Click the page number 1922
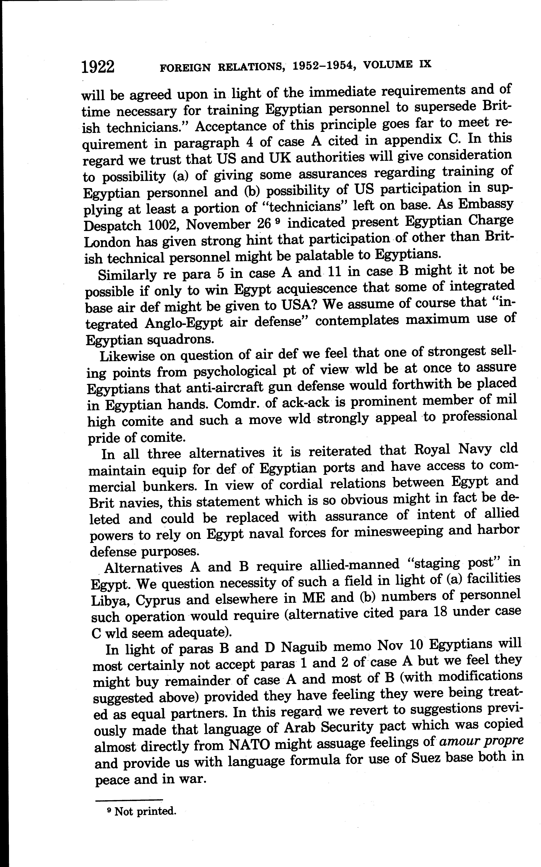pyautogui.click(x=98, y=67)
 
